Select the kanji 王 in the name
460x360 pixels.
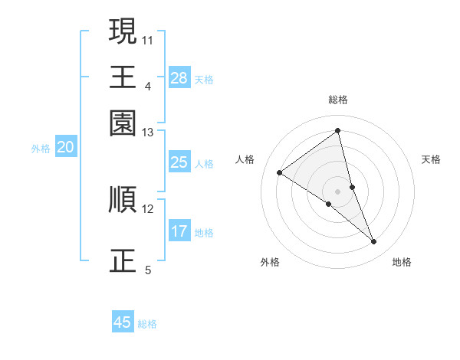pos(123,77)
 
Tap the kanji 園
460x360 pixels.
pos(123,123)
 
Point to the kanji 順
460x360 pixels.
pos(123,199)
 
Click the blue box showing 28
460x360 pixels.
pos(179,78)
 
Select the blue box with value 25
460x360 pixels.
pos(179,162)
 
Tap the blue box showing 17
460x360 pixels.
pos(179,231)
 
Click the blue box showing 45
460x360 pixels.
pos(123,322)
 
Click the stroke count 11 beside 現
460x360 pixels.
pos(148,39)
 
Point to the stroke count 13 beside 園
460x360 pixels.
pos(148,133)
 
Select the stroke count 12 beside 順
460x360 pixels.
pos(148,208)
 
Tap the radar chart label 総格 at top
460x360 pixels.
pos(338,100)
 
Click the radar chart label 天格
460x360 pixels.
pos(431,159)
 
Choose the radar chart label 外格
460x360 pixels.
pos(270,262)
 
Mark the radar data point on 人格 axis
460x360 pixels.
pos(280,172)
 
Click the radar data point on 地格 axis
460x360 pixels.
pos(374,242)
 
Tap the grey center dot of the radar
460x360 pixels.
pos(338,191)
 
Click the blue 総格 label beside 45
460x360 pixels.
pos(147,324)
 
